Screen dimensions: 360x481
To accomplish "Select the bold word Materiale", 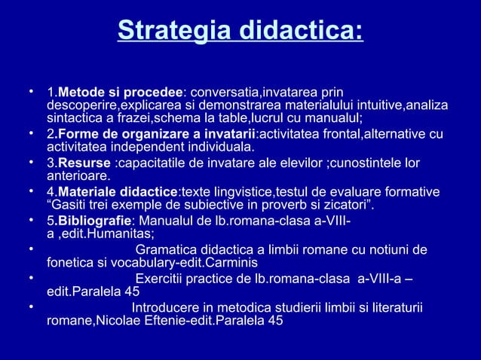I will (88, 192).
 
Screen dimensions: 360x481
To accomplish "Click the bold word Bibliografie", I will (95, 221).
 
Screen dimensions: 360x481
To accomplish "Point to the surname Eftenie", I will (190, 321).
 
